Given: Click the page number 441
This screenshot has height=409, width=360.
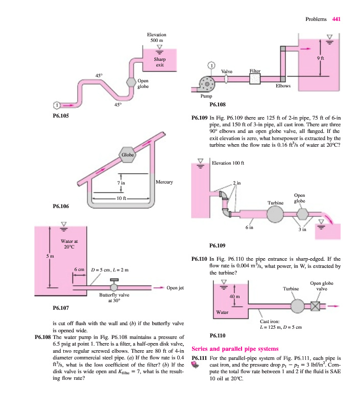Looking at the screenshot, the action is click(x=337, y=19).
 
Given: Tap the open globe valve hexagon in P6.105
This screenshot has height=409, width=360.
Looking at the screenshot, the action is click(x=131, y=82).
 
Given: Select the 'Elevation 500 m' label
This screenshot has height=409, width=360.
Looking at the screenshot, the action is click(x=157, y=37).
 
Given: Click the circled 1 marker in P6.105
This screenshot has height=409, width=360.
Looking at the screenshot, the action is click(x=57, y=105).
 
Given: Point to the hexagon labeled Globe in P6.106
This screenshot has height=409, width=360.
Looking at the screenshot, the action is click(x=127, y=155).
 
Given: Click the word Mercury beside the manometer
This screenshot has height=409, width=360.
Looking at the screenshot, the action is click(x=164, y=182).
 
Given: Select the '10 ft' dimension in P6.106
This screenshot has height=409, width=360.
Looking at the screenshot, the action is click(x=122, y=198).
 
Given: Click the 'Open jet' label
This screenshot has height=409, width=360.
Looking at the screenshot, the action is click(x=175, y=288).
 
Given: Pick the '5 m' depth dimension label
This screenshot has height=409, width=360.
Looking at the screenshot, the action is click(x=50, y=256).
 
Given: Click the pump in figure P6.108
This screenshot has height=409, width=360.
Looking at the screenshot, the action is click(x=207, y=84).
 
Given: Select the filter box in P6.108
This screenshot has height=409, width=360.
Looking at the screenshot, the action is click(x=255, y=79).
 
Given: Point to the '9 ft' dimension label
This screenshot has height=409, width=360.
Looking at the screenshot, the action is click(x=320, y=58).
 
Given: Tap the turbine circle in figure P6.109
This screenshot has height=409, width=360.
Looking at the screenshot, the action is click(x=275, y=214).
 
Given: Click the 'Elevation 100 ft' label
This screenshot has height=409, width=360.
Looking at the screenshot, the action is click(x=228, y=163).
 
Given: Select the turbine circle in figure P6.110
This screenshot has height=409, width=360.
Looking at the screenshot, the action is click(x=297, y=306).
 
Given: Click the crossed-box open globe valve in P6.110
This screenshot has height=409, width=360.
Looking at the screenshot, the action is click(x=315, y=306).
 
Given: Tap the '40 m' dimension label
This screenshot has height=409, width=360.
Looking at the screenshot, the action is click(x=235, y=297).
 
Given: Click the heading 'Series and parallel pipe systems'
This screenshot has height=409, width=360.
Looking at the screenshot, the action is click(x=235, y=349).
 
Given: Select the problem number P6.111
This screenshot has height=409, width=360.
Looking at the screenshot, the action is click(x=199, y=358).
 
